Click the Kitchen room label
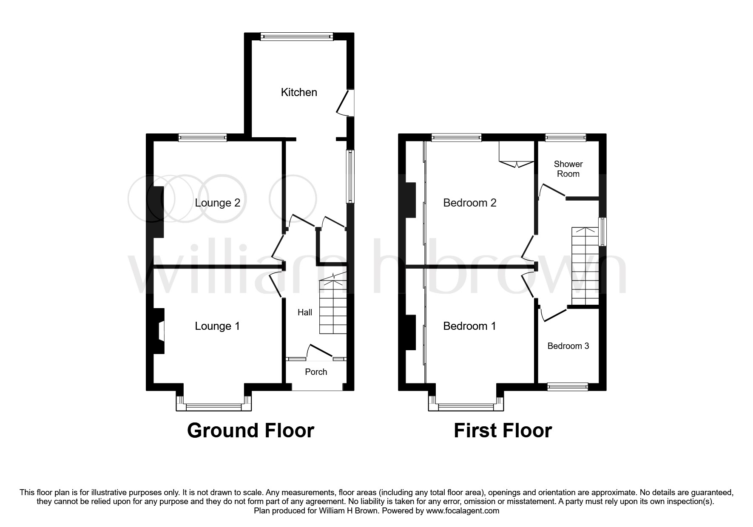pos(299,92)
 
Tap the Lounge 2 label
pos(217,203)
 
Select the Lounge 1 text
pos(217,326)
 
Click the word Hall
pos(304,312)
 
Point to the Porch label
pos(316,372)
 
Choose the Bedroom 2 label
pos(469,203)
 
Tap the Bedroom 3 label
pos(568,346)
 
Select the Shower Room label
pos(568,169)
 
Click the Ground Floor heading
pos(250,431)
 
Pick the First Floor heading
pos(503,431)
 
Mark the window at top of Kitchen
pos(297,37)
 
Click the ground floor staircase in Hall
pos(333,306)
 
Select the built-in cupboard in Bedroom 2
pos(516,153)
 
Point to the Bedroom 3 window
pos(568,386)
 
